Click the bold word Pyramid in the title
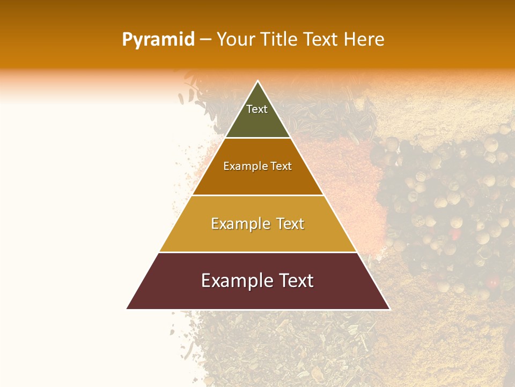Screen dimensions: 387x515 pyautogui.click(x=158, y=40)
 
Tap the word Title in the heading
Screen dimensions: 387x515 pyautogui.click(x=280, y=40)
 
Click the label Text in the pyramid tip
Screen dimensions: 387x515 pyautogui.click(x=257, y=109)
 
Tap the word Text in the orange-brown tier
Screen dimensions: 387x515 pyautogui.click(x=281, y=166)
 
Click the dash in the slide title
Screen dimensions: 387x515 pyautogui.click(x=205, y=40)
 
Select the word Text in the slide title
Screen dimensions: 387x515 pyautogui.click(x=321, y=40)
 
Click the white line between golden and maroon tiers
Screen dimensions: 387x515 pyautogui.click(x=257, y=252)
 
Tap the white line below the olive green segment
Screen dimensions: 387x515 pyautogui.click(x=257, y=138)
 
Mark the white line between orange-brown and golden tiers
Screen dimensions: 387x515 pyautogui.click(x=257, y=195)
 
